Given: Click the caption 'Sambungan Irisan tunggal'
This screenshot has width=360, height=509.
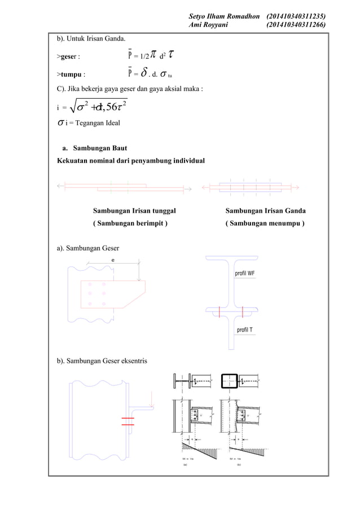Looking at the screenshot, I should (x=134, y=211).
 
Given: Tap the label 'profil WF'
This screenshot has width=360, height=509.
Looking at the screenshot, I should (x=245, y=274).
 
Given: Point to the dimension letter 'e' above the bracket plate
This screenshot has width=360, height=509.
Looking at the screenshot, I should (x=113, y=260).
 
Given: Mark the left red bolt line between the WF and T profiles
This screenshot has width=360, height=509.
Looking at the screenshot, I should (x=219, y=311).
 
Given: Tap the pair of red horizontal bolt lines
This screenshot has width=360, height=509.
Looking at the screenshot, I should (x=128, y=420).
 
